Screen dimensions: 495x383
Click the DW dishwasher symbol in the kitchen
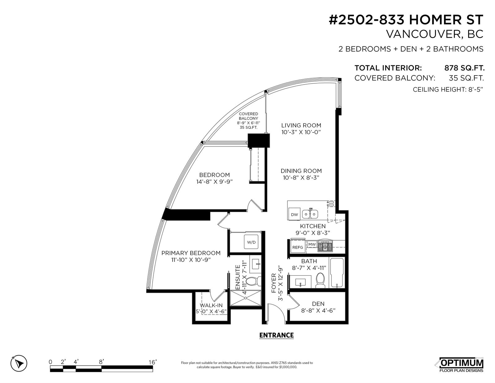point(294,214)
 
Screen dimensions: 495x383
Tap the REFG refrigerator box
point(298,247)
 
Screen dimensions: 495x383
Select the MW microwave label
point(312,244)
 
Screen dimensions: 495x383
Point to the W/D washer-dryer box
point(251,242)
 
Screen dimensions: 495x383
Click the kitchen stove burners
point(325,246)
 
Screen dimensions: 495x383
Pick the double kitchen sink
point(310,214)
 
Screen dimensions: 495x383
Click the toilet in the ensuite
point(254,281)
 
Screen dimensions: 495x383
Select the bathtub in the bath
point(337,273)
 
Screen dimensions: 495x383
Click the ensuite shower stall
point(245,298)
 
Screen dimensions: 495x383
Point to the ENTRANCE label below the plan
point(277,335)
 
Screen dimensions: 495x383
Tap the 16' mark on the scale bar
point(153,362)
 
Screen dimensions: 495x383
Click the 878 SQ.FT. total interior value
point(464,68)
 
